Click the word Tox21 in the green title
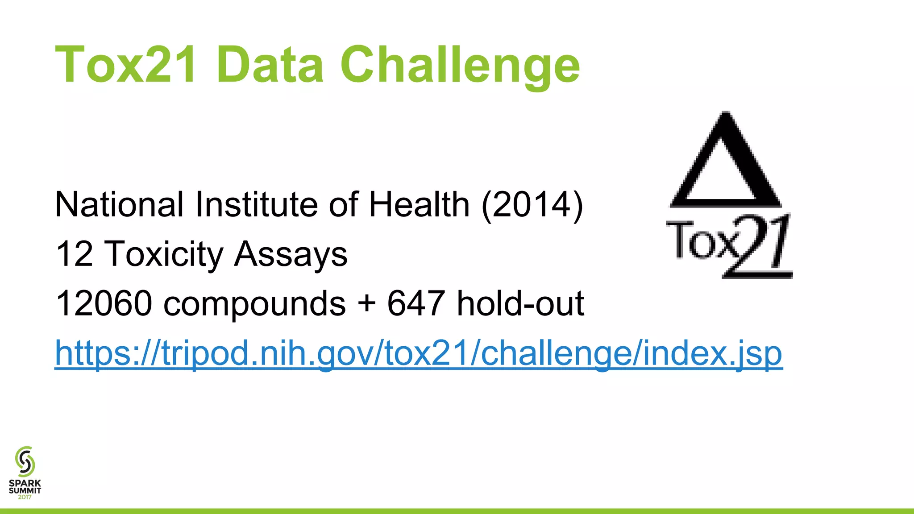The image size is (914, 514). [125, 65]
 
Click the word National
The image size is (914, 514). [119, 204]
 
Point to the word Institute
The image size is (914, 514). [256, 204]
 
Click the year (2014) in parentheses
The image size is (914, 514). [532, 204]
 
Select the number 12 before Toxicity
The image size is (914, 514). [74, 254]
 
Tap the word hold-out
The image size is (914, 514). [520, 303]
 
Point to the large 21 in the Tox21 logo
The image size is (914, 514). [759, 246]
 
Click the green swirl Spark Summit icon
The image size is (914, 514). [25, 461]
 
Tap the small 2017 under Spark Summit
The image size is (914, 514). [25, 497]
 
